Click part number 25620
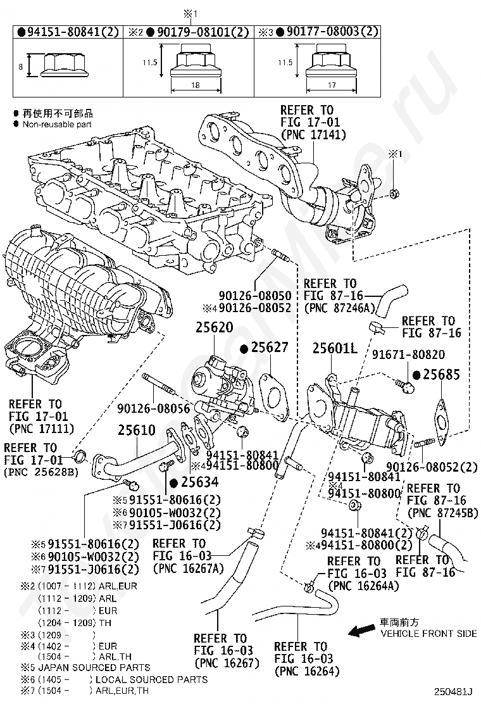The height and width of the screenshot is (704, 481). [214, 327]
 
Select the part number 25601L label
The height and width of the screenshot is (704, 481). [335, 348]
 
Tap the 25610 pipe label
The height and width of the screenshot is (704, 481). [137, 430]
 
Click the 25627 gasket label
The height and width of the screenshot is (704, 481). [269, 347]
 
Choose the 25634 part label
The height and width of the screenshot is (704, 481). [199, 482]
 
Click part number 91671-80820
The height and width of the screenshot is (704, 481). [408, 355]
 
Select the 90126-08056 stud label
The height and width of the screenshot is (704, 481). [153, 408]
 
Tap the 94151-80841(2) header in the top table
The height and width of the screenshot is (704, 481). [73, 32]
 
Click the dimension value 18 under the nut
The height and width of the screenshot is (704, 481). [196, 85]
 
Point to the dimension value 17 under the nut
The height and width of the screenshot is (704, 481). [332, 85]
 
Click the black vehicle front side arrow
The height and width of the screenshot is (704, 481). [363, 631]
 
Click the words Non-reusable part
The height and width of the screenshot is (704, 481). [57, 124]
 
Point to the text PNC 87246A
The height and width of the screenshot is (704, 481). [339, 308]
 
